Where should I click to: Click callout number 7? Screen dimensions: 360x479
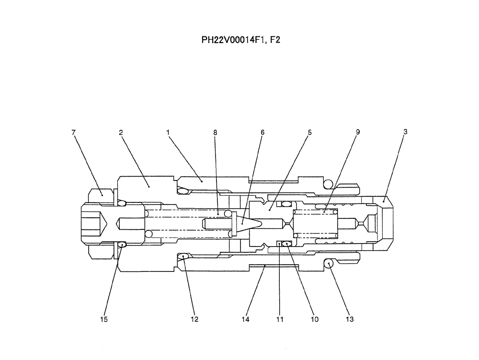pyautogui.click(x=73, y=132)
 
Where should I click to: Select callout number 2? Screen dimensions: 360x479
pyautogui.click(x=121, y=132)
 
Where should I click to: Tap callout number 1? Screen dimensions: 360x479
pyautogui.click(x=168, y=132)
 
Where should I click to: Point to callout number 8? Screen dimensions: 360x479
pyautogui.click(x=215, y=132)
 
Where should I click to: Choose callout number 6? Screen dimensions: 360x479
pyautogui.click(x=262, y=132)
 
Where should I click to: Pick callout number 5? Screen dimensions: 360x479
pyautogui.click(x=309, y=132)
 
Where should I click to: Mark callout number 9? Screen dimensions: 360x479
pyautogui.click(x=357, y=132)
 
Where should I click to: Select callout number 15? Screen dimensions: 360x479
pyautogui.click(x=104, y=319)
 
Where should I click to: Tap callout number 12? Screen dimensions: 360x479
pyautogui.click(x=194, y=319)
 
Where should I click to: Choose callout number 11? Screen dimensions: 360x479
pyautogui.click(x=280, y=319)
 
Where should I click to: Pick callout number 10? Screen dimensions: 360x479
pyautogui.click(x=315, y=319)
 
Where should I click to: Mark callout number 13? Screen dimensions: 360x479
pyautogui.click(x=350, y=319)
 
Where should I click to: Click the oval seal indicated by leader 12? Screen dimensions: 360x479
pyautogui.click(x=183, y=257)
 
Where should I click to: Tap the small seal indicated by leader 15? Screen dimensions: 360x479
pyautogui.click(x=122, y=245)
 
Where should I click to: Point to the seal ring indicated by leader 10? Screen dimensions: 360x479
pyautogui.click(x=286, y=244)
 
